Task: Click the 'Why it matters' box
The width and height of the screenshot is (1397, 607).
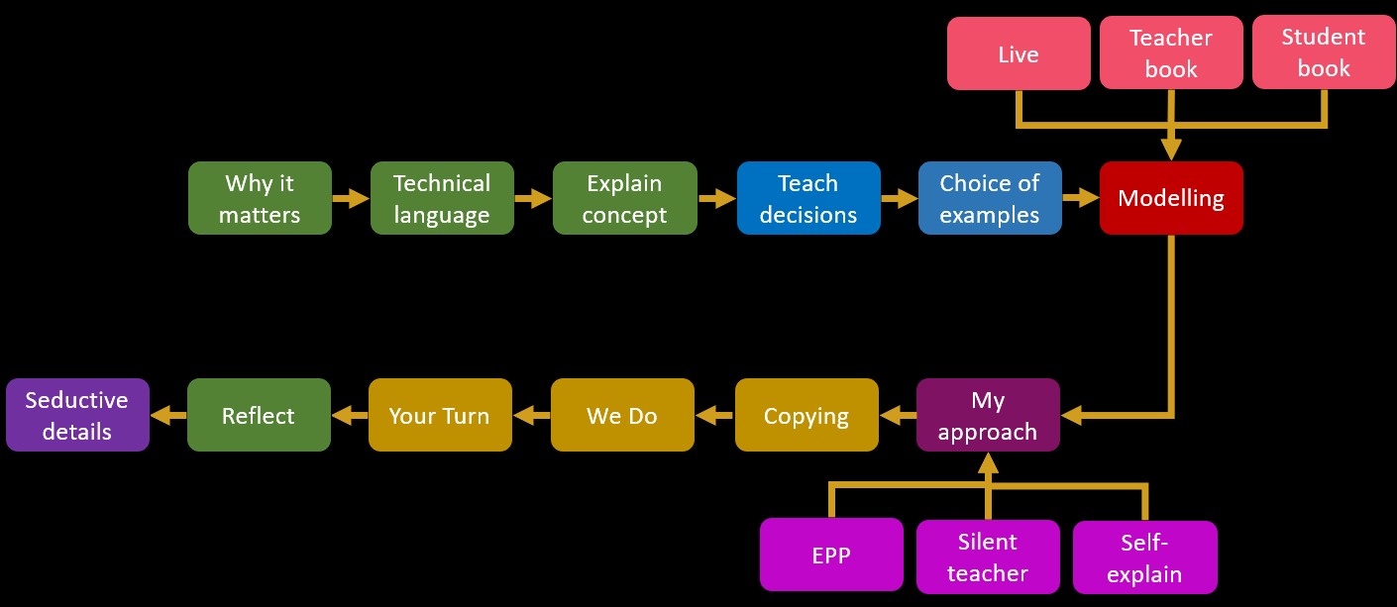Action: click(260, 198)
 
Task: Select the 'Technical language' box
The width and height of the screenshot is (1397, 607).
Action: click(442, 198)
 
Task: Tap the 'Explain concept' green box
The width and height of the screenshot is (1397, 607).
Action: click(624, 198)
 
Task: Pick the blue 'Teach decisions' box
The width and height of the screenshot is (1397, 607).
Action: click(808, 198)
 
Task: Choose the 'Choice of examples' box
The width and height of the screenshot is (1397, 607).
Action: click(990, 198)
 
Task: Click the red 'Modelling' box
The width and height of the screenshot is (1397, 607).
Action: click(1171, 198)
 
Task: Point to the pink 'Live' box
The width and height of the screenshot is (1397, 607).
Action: click(1019, 53)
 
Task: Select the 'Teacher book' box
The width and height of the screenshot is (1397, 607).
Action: click(1171, 53)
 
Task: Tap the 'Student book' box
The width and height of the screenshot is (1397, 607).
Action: click(1324, 52)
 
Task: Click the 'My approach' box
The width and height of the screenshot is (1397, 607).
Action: click(988, 416)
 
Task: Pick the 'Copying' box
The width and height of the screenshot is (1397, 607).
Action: click(806, 416)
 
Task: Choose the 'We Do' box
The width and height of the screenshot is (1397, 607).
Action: click(622, 416)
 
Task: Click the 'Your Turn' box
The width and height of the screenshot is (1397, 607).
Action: click(440, 416)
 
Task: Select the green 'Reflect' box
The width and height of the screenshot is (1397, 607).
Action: click(259, 416)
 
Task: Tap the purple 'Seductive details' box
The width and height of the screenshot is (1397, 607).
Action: click(77, 416)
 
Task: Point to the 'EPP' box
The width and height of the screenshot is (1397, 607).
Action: click(831, 555)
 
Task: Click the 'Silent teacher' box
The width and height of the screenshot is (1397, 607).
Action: click(988, 556)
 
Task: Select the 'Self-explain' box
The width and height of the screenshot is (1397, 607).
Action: click(1144, 557)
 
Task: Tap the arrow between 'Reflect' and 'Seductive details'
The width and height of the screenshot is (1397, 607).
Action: click(168, 416)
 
